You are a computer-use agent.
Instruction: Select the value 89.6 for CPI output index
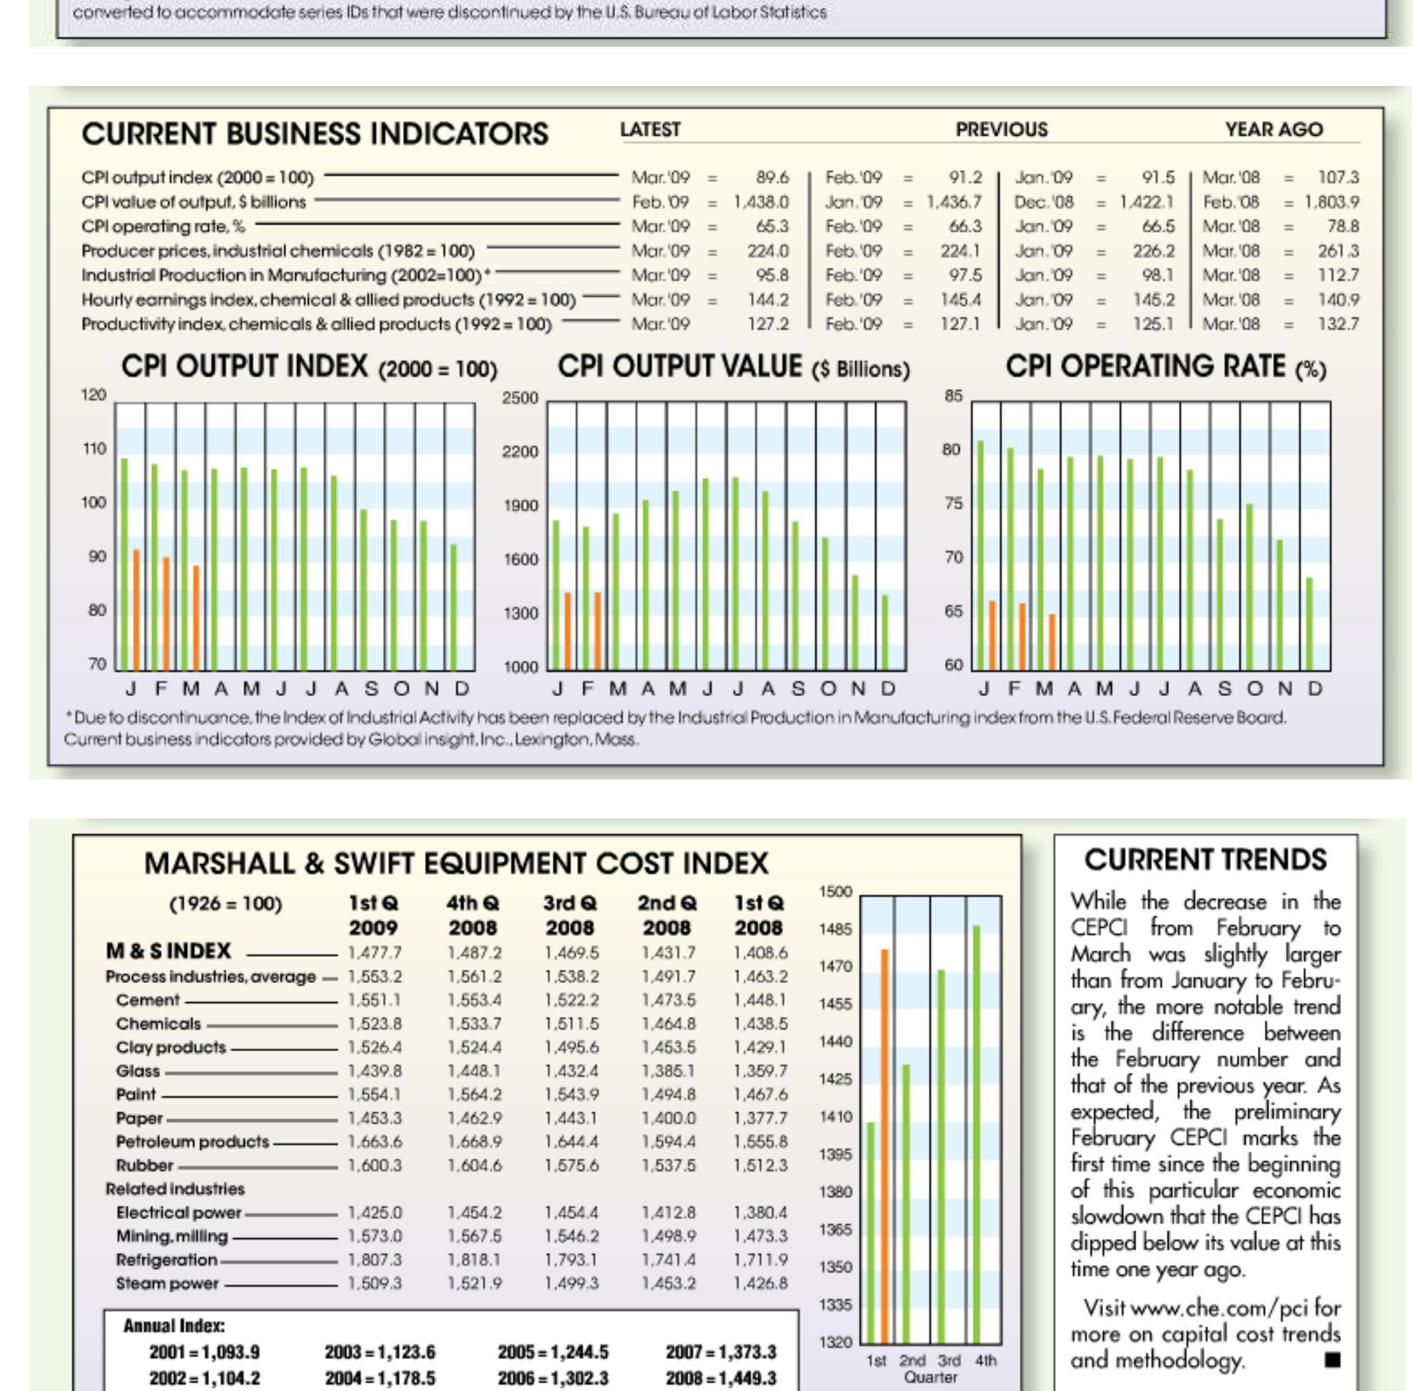[772, 177]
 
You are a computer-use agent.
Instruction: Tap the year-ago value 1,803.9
[1331, 202]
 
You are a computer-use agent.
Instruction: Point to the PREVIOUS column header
[1001, 130]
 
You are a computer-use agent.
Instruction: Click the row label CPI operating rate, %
[163, 226]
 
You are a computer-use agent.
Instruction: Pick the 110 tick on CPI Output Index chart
[93, 449]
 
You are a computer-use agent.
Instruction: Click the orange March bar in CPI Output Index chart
[196, 617]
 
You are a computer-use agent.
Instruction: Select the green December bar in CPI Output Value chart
[885, 633]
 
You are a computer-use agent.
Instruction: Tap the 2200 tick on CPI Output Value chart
[519, 452]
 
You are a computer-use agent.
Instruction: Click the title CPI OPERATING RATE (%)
[1165, 367]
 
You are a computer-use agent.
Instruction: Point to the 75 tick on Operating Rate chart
[953, 504]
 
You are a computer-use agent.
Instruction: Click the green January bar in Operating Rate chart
[980, 555]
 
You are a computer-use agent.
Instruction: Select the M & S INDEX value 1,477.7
[374, 952]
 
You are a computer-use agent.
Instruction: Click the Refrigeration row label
[166, 1260]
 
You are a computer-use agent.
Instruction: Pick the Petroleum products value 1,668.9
[474, 1141]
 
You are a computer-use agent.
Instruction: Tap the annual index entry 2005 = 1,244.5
[552, 1352]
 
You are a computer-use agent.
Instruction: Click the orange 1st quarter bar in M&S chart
[884, 1147]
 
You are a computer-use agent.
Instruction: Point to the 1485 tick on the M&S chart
[835, 929]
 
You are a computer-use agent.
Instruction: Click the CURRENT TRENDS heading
[1205, 860]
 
